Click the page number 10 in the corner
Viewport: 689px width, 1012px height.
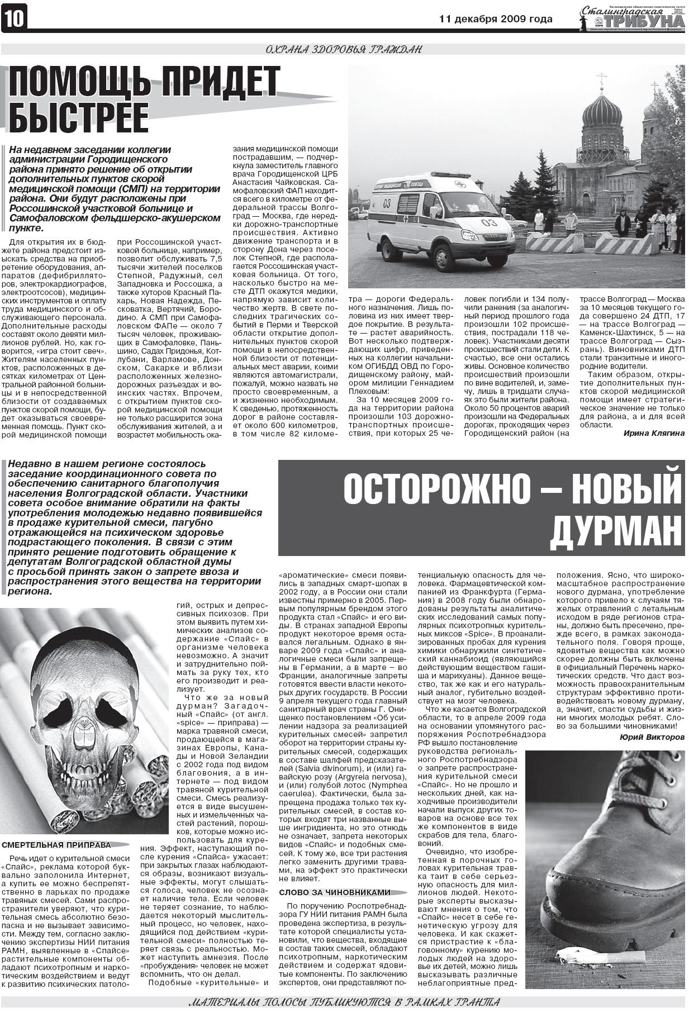pyautogui.click(x=14, y=19)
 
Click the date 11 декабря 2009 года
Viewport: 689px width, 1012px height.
pyautogui.click(x=496, y=19)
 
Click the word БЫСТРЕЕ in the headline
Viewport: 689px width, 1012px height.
pyautogui.click(x=79, y=117)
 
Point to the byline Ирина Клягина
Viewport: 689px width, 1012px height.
pyautogui.click(x=653, y=433)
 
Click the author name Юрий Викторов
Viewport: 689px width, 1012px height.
pyautogui.click(x=652, y=737)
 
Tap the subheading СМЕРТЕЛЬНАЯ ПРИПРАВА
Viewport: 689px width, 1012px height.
pyautogui.click(x=56, y=845)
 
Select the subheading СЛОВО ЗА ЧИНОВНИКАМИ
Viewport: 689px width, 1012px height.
pyautogui.click(x=334, y=892)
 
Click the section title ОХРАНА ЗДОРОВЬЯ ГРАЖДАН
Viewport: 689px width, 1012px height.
pyautogui.click(x=344, y=50)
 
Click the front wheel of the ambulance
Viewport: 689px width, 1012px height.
pyautogui.click(x=444, y=258)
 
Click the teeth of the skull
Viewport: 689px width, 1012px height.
pyautogui.click(x=84, y=776)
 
